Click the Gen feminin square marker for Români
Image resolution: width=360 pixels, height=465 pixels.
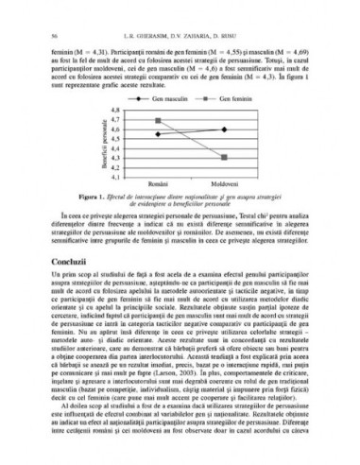pyautogui.click(x=158, y=121)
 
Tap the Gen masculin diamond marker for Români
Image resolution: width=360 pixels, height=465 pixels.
pyautogui.click(x=158, y=134)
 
